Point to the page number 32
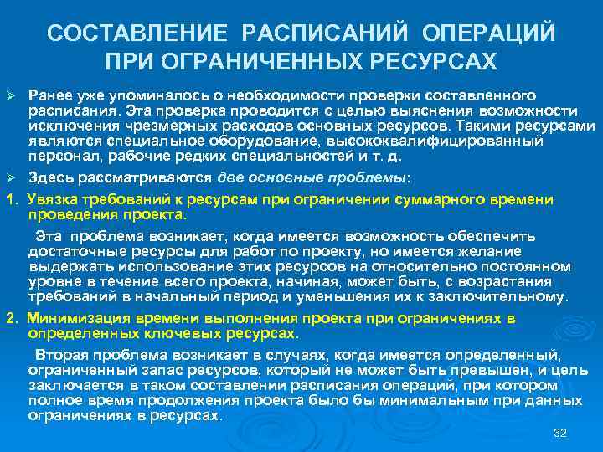pos(561,433)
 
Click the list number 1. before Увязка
pos(11,198)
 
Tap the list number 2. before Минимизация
pos(11,319)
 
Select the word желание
pos(489,252)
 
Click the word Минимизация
pos(77,319)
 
